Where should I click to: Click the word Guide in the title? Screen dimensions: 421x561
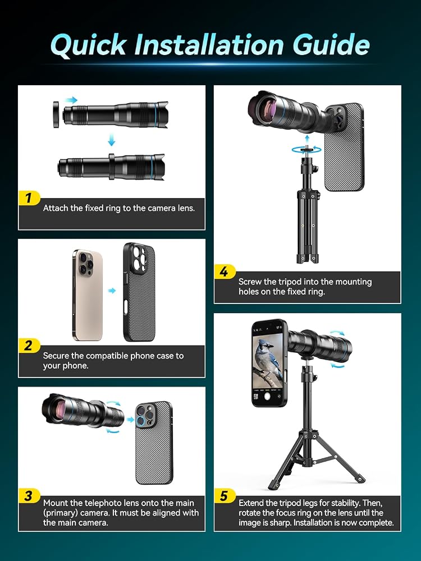tap(331, 45)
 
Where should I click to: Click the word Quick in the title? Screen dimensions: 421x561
tap(89, 45)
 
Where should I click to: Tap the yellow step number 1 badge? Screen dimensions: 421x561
tap(29, 198)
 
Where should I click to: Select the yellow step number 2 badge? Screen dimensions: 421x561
tap(29, 345)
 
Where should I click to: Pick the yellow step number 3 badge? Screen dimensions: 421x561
tap(29, 496)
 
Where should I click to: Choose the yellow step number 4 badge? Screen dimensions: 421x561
tap(225, 272)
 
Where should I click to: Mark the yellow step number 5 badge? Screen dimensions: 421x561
tap(225, 496)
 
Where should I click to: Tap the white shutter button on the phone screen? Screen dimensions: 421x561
tap(267, 397)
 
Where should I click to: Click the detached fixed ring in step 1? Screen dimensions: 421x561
tap(56, 114)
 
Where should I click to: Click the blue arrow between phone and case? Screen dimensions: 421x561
tap(112, 291)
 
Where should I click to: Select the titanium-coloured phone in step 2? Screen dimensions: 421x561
tap(88, 295)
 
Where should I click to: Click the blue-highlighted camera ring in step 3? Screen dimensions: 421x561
tap(140, 421)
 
